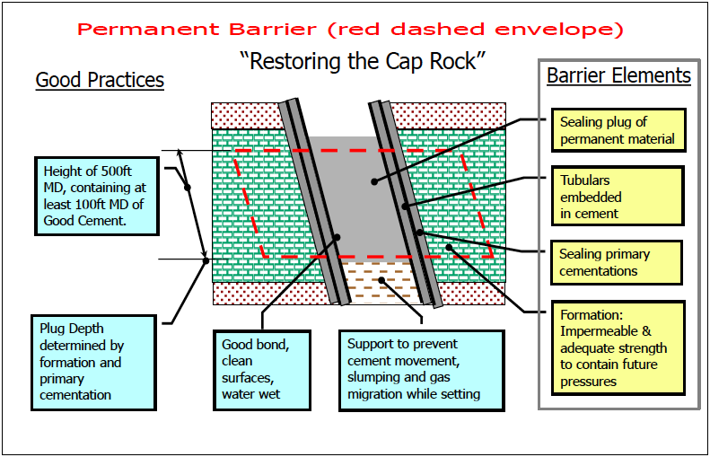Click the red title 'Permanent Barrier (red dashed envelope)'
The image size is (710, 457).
coord(350,29)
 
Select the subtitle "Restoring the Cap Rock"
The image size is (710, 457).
coord(363,62)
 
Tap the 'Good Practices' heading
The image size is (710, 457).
coord(100,81)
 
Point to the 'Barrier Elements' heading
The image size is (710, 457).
coord(618,75)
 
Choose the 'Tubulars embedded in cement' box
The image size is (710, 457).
coord(617,197)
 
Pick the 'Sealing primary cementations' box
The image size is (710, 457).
coord(617,262)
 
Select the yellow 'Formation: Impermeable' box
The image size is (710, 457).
coord(617,348)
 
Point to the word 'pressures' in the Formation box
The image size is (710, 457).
coord(591,382)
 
